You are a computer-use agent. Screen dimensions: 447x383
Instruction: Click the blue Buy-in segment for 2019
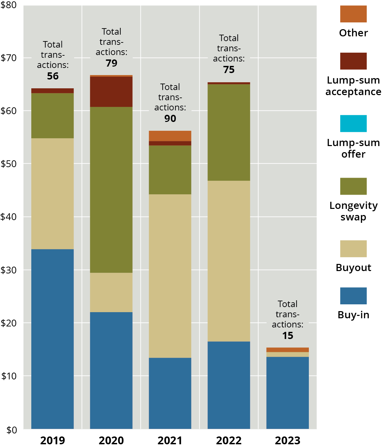tap(52, 339)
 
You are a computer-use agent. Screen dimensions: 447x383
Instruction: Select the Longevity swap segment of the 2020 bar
tap(111, 190)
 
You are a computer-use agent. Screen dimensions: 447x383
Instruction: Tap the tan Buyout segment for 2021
tap(170, 276)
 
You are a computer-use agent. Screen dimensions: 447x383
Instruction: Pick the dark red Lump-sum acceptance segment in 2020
tap(111, 92)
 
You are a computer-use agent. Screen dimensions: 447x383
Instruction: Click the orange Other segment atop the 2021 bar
tap(170, 136)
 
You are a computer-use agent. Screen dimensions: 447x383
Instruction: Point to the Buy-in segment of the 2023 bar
tap(287, 393)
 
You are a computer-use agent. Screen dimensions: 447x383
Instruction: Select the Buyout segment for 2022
tap(229, 261)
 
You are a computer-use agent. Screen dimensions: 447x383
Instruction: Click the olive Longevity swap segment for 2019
tap(52, 115)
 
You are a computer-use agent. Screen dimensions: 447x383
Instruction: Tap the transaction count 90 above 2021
tap(170, 119)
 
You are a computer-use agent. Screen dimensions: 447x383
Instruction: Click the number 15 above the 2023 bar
tap(287, 336)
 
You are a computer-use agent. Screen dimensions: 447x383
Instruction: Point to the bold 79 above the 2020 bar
tap(111, 63)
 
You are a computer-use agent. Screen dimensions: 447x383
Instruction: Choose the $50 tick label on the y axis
tap(9, 164)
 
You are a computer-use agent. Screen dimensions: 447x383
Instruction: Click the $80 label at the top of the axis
tap(9, 5)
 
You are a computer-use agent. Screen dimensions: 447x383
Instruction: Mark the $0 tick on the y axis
tap(11, 430)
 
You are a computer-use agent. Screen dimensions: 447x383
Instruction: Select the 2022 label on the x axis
tap(229, 441)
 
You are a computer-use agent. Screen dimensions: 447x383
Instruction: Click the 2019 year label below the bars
tap(52, 441)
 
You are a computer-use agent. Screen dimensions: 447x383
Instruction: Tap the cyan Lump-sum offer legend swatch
tap(353, 124)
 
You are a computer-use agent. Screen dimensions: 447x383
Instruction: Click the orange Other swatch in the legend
tap(353, 14)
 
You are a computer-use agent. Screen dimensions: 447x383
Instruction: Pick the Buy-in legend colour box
tap(353, 296)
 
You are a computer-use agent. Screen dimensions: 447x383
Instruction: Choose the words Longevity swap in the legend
tap(353, 211)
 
